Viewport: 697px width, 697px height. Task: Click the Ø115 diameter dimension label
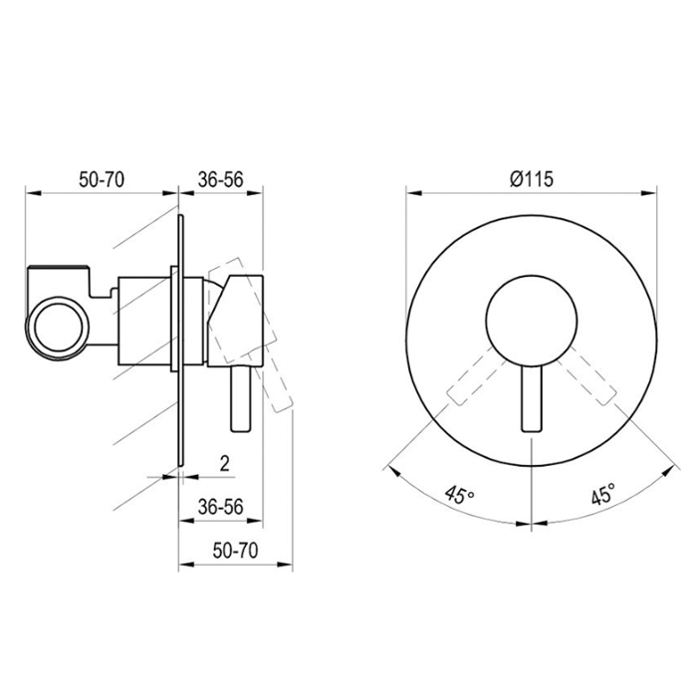click(532, 179)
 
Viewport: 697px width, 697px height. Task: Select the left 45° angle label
click(459, 495)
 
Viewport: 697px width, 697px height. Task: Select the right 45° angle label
click(603, 494)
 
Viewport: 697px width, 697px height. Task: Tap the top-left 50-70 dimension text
click(102, 179)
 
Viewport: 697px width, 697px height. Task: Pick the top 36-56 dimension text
click(221, 179)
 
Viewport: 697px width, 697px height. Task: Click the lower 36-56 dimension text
click(221, 507)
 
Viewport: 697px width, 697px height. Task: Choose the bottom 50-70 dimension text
click(235, 551)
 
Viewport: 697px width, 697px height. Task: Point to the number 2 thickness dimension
click(225, 464)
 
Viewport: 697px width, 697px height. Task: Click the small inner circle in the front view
click(532, 320)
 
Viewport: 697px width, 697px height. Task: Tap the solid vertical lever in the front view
click(532, 398)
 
